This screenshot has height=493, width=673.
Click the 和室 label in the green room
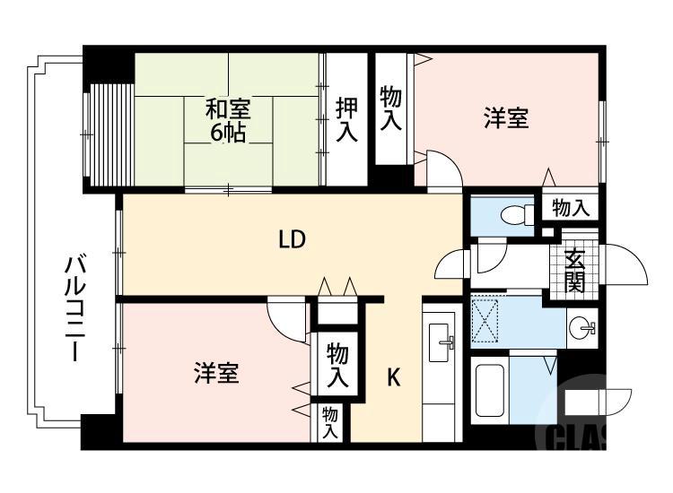pyautogui.click(x=228, y=110)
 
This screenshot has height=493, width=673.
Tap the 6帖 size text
pyautogui.click(x=228, y=134)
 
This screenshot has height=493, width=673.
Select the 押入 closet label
pyautogui.click(x=346, y=120)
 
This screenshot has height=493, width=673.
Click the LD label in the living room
pyautogui.click(x=292, y=239)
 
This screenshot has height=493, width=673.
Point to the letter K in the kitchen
pyautogui.click(x=393, y=377)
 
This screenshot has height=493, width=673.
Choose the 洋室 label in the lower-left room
pyautogui.click(x=216, y=373)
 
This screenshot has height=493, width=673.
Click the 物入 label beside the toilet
pyautogui.click(x=571, y=209)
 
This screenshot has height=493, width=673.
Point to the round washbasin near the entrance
pyautogui.click(x=584, y=326)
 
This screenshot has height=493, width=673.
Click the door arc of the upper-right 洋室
pyautogui.click(x=442, y=169)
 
